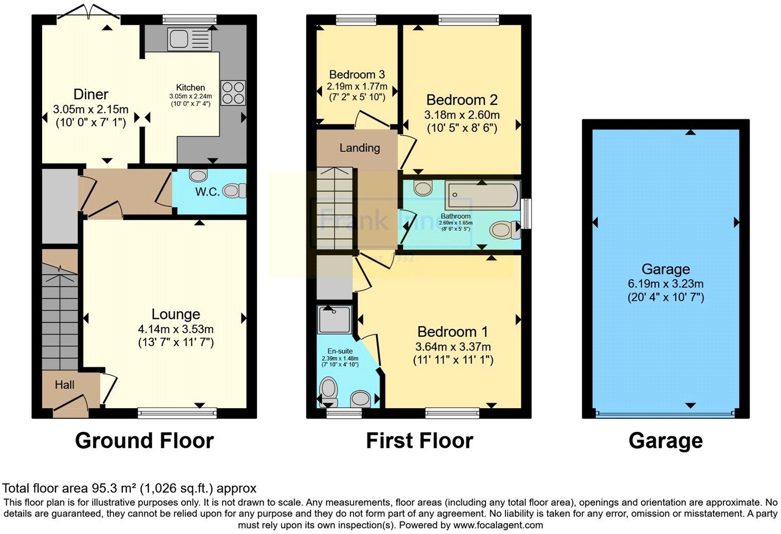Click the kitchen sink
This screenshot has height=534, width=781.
pos(189,39)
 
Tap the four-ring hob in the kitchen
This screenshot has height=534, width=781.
pos(233,93)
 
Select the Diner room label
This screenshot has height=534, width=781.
pos(91,94)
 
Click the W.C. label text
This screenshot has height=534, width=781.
pos(208,192)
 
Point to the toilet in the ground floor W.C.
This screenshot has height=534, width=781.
pos(235,191)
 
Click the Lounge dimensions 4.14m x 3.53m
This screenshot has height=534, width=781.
pos(176,329)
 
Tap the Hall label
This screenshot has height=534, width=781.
pos(65,385)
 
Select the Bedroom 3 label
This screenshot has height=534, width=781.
pos(357,75)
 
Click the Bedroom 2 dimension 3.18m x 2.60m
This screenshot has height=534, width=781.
pos(462,115)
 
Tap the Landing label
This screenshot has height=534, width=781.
pos(360,148)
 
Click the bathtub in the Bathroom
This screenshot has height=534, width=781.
pos(481,196)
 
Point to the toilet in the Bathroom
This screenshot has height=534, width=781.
pos(503,230)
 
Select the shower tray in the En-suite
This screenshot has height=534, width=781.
pos(334,319)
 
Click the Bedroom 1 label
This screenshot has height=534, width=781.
pos(453,332)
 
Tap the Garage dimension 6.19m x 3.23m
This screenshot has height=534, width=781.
pos(665,283)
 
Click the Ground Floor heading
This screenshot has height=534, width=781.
pos(144,441)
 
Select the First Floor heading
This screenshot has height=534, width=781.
pos(419,441)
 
